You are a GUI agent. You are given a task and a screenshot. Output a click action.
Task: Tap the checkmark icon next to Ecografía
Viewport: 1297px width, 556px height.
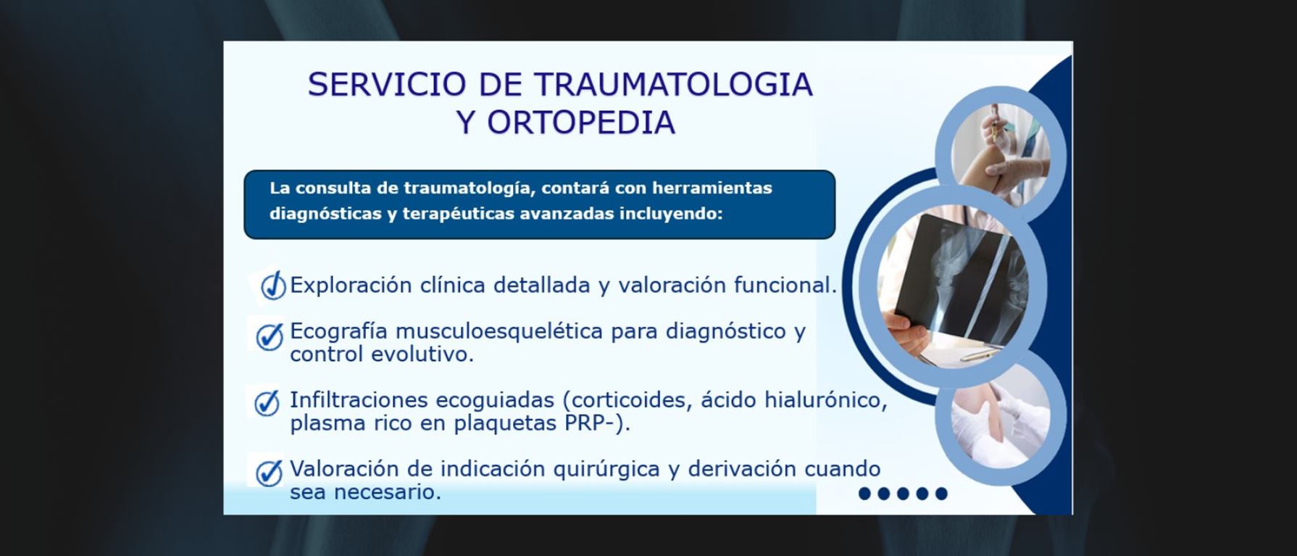(270, 336)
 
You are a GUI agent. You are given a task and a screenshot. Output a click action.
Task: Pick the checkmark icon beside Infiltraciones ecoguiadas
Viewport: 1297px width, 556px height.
(267, 403)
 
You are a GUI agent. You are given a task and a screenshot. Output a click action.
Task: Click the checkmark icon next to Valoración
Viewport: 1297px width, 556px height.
(269, 473)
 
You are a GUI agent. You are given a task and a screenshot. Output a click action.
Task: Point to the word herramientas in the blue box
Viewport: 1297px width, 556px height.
(712, 188)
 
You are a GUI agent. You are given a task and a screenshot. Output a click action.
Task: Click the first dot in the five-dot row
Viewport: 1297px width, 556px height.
(864, 494)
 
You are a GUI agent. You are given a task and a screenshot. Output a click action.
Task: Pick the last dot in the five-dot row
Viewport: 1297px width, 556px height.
(941, 494)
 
